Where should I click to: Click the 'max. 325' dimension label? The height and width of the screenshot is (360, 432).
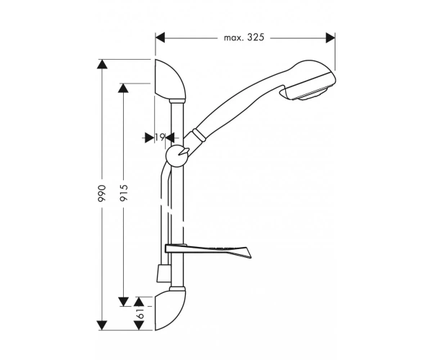tap(244, 37)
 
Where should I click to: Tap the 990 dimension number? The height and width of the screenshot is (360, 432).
tap(102, 194)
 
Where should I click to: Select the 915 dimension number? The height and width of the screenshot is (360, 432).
tap(124, 193)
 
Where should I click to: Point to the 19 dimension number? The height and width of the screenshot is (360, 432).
tap(160, 137)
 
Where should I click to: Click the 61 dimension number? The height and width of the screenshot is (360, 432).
tap(140, 313)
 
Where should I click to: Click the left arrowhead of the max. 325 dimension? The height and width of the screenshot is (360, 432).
tap(160, 37)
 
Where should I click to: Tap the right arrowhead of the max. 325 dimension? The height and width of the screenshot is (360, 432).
tap(330, 37)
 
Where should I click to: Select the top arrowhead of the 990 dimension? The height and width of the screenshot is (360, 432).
tap(102, 64)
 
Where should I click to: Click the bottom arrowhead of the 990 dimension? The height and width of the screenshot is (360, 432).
tap(102, 325)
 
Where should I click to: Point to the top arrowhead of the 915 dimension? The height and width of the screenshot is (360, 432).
tap(123, 88)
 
